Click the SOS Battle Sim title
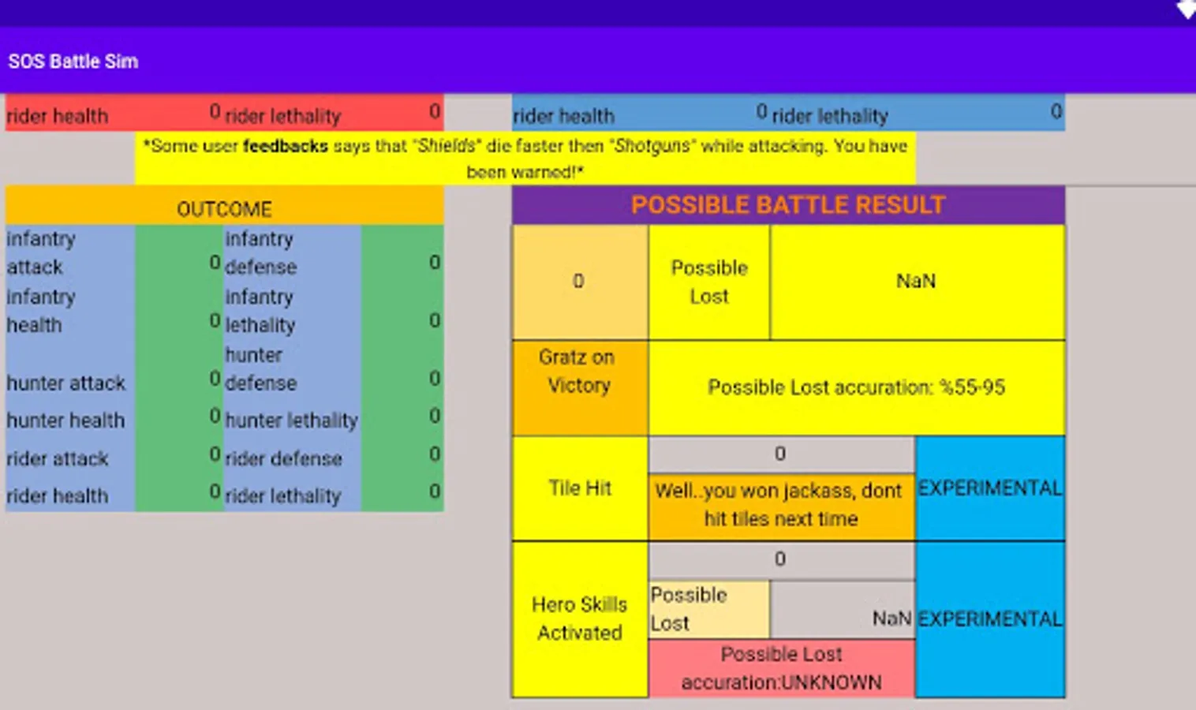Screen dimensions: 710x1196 pos(73,62)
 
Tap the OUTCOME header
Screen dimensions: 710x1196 pos(224,209)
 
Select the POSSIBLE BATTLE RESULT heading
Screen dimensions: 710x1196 pos(787,205)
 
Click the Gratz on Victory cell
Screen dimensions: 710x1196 pos(579,372)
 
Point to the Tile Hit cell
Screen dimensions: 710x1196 pos(580,488)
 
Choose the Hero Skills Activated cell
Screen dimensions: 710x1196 pos(580,618)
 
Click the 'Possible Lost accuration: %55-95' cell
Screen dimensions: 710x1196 pos(856,387)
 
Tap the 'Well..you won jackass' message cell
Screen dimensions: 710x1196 pos(779,505)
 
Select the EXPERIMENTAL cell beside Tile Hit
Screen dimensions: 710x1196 pos(989,488)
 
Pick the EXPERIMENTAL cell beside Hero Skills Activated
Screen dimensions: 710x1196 pos(989,619)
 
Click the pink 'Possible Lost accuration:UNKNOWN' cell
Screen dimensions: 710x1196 pos(781,668)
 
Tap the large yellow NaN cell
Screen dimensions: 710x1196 pos(916,282)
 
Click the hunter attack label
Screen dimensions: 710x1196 pos(66,383)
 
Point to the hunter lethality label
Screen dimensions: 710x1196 pos(291,420)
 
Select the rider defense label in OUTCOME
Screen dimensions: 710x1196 pos(283,458)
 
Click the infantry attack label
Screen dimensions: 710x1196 pos(41,252)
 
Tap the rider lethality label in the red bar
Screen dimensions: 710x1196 pos(282,116)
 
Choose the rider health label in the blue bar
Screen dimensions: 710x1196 pos(563,116)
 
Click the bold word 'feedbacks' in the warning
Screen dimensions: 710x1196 pos(285,146)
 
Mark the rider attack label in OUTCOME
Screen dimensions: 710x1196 pos(58,458)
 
